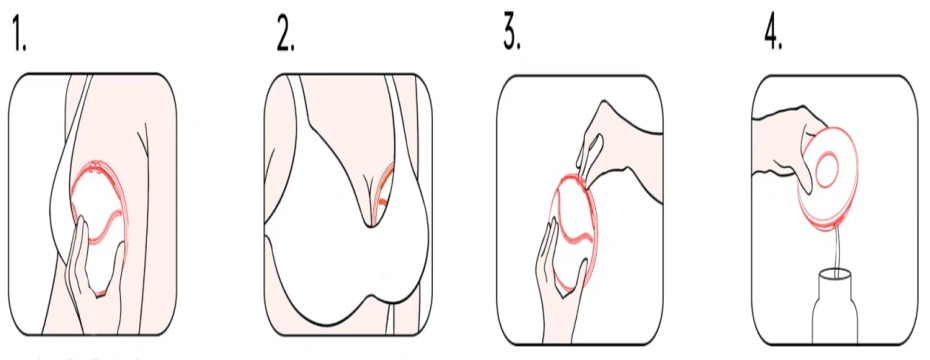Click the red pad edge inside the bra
point(380,195)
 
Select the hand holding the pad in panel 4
point(790,140)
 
